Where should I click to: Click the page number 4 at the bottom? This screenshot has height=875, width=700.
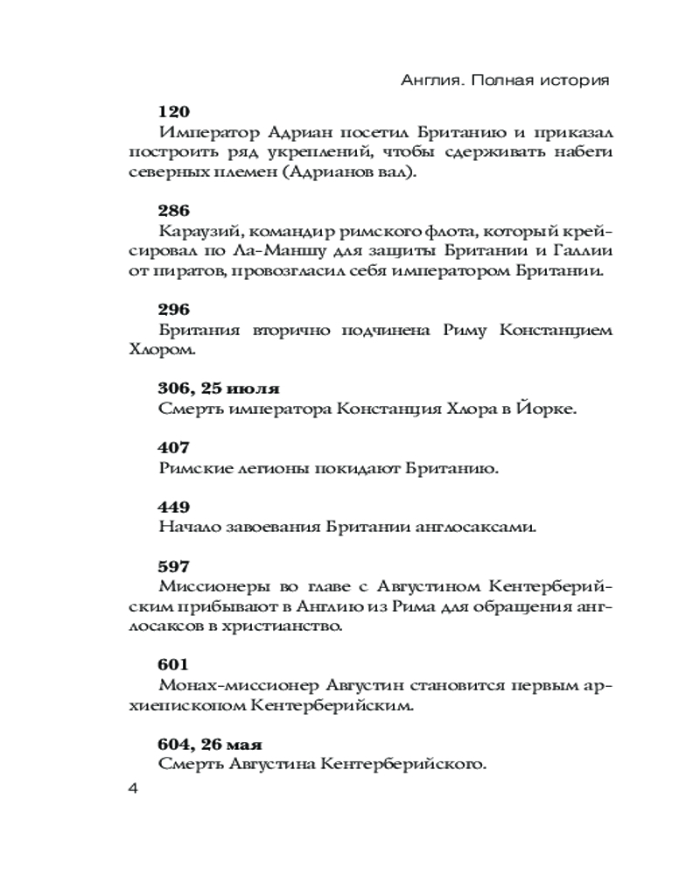[134, 788]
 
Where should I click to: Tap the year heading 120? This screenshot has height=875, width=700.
[174, 112]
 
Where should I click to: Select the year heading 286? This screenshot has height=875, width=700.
[174, 210]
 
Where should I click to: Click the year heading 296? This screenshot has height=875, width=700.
[174, 309]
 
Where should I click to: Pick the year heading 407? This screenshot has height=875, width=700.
[174, 447]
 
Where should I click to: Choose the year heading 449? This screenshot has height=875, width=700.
[174, 507]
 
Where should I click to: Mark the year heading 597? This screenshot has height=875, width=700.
[174, 566]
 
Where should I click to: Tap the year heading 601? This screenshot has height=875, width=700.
[174, 664]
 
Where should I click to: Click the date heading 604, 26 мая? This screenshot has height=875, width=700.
[211, 744]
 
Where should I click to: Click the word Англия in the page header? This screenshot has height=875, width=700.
[426, 80]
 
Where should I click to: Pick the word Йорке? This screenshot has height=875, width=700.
[555, 409]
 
